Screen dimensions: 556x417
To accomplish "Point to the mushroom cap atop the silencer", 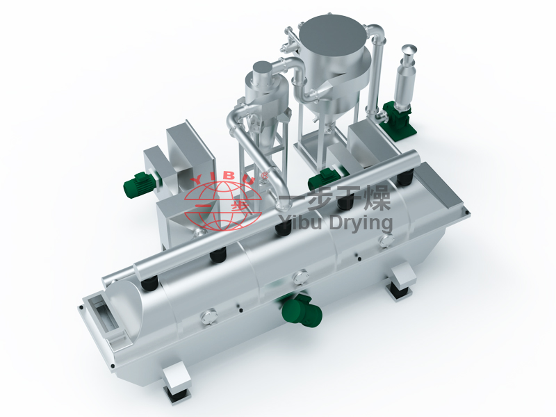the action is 409,49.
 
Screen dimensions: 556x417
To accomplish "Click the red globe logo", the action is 223,206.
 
